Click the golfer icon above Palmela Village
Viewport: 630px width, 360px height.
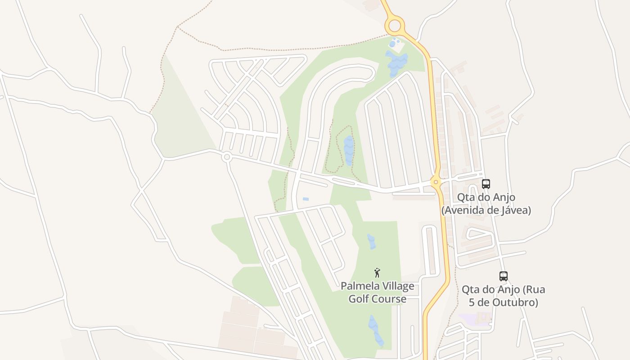click(x=377, y=273)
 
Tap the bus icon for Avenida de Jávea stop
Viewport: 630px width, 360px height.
click(x=486, y=184)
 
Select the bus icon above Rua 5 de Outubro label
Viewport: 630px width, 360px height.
click(x=504, y=276)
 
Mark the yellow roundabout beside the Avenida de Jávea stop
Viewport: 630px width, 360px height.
click(x=436, y=182)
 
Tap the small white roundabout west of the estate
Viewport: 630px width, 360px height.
click(x=227, y=157)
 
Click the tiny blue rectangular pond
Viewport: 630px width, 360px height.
click(x=306, y=199)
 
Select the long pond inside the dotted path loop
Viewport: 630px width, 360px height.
click(x=349, y=150)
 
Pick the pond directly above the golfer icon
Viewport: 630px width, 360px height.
click(x=371, y=242)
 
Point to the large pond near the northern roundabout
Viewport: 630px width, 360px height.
click(x=396, y=63)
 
